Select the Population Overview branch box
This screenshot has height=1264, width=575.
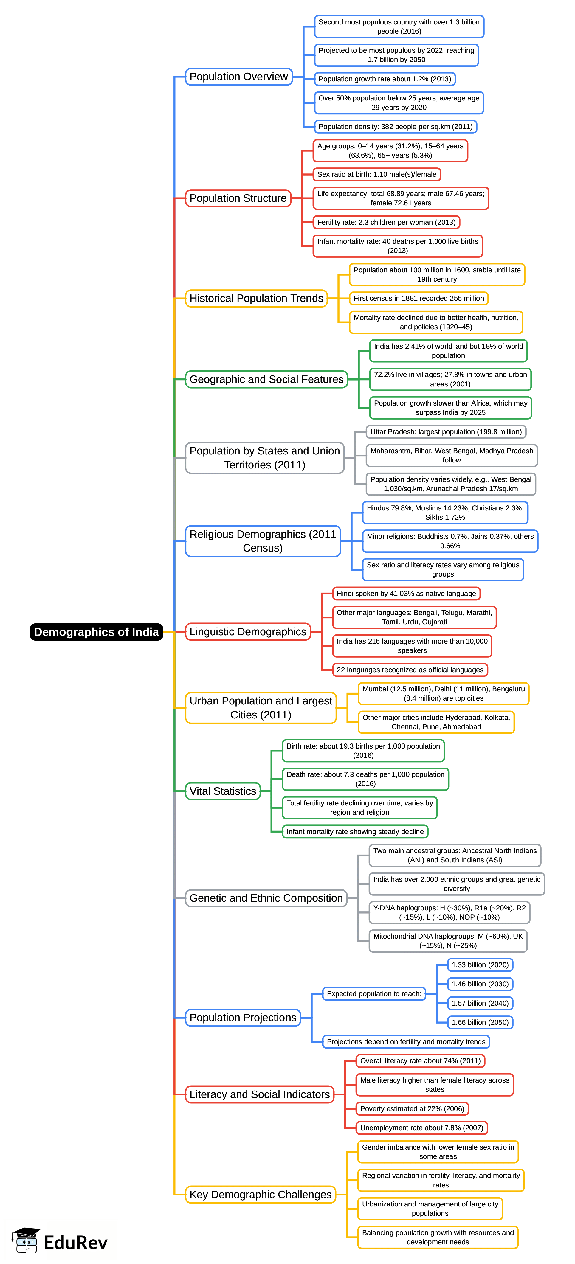(x=239, y=77)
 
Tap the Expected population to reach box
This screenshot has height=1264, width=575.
(x=374, y=994)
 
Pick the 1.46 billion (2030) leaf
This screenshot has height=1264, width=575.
(x=480, y=984)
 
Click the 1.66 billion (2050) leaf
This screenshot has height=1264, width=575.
(x=480, y=1022)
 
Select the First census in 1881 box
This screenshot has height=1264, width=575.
(x=419, y=298)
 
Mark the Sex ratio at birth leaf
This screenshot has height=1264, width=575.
(x=376, y=174)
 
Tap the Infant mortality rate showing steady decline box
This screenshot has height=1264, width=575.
(x=355, y=831)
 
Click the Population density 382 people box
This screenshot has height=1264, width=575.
(x=395, y=127)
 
